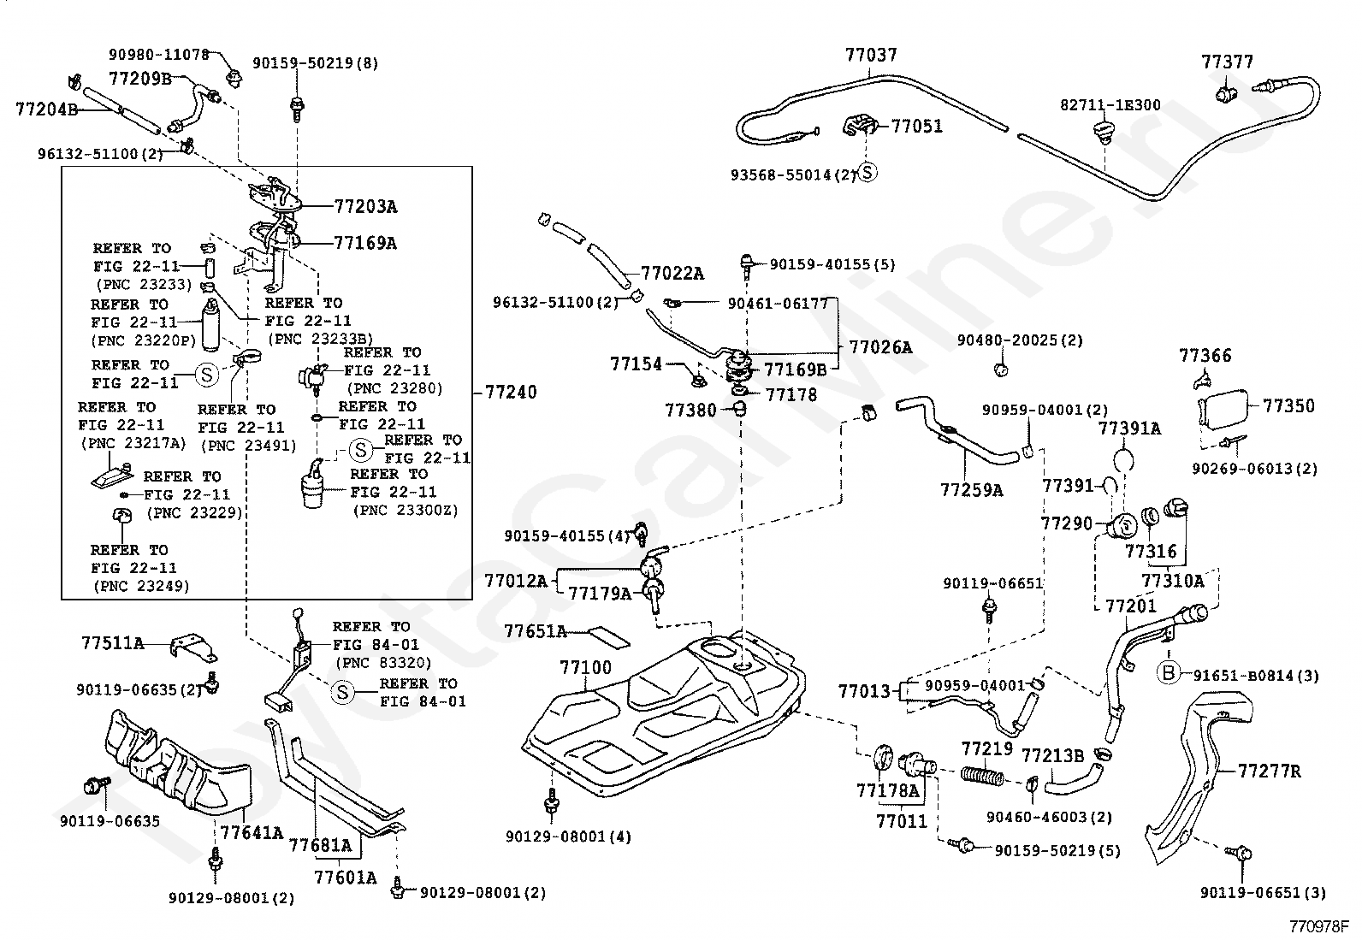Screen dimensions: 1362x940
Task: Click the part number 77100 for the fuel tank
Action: [x=585, y=667]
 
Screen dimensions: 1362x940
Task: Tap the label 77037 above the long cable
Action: [x=871, y=56]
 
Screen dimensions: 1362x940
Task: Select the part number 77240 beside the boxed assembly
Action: [x=511, y=393]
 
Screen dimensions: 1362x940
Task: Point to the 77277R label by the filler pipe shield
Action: [x=1269, y=772]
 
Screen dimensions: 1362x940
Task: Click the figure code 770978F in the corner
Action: [x=1319, y=926]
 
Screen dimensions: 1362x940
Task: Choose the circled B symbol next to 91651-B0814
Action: [x=1168, y=672]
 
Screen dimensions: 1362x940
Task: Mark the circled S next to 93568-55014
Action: [x=867, y=172]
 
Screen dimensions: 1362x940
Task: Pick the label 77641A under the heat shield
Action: [x=252, y=832]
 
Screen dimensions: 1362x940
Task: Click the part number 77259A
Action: [x=972, y=489]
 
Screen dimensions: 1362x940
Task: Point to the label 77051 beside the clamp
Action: [x=916, y=126]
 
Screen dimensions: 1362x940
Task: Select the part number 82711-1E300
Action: [x=1110, y=104]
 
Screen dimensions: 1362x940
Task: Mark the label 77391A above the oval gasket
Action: [x=1129, y=429]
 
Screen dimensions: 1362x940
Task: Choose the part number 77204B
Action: [x=46, y=109]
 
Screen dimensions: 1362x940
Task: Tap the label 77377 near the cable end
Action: [x=1227, y=62]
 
